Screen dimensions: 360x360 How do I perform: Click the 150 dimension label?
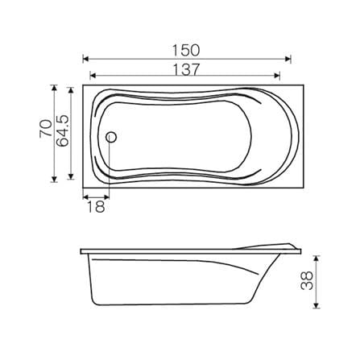(186, 51)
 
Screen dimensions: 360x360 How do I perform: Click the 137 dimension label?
(186, 69)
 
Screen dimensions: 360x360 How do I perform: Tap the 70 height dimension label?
(46, 129)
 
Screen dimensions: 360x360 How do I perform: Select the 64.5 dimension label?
(63, 130)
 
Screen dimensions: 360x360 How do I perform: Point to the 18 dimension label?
(96, 207)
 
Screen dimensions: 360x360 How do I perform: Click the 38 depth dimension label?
(307, 280)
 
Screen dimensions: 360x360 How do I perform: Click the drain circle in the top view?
(111, 137)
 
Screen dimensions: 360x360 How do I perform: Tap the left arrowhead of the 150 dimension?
(86, 59)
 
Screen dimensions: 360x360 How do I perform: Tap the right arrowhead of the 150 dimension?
(288, 59)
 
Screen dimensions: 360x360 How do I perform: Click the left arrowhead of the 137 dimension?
(93, 76)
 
